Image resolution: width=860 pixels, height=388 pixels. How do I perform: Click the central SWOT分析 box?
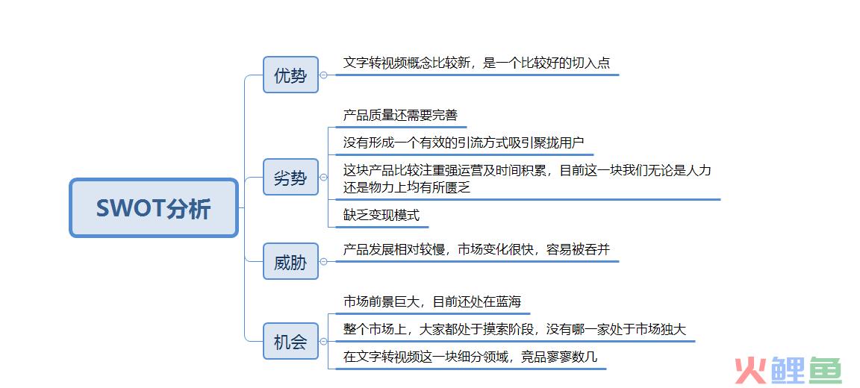[154, 207]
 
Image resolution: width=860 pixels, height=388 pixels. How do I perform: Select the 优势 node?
[290, 75]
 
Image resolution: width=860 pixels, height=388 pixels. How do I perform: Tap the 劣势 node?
[290, 177]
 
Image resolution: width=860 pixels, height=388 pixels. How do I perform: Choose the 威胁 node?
[290, 261]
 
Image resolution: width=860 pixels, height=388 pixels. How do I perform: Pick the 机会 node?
[290, 341]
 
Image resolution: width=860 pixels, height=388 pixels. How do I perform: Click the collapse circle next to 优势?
[323, 75]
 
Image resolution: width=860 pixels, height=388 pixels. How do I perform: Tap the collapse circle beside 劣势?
[323, 177]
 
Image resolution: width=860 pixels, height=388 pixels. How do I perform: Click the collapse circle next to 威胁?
[323, 262]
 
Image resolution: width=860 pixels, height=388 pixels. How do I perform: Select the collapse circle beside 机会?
[323, 342]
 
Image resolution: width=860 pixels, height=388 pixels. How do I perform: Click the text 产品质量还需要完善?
[400, 115]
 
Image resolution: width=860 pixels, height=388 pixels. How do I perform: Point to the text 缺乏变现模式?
[381, 215]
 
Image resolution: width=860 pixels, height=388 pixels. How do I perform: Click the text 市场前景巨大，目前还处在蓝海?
[432, 301]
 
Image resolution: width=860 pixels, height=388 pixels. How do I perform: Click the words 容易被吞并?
[578, 250]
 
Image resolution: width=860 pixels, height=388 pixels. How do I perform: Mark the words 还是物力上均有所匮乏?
[407, 187]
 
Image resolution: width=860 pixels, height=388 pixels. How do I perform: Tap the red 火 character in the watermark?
[750, 370]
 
